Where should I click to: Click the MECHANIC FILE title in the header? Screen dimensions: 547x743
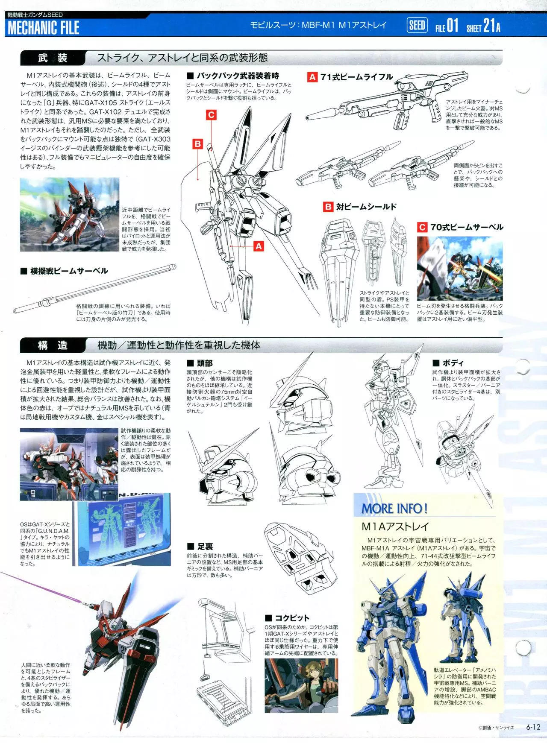(44, 28)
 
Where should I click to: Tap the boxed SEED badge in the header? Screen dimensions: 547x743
(417, 26)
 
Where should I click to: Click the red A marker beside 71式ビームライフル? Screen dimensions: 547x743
(312, 77)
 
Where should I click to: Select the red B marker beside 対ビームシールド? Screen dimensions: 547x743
(328, 207)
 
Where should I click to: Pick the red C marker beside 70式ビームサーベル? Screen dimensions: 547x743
(422, 227)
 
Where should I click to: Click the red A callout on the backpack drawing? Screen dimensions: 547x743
(259, 246)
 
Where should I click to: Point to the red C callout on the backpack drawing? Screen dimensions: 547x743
(211, 114)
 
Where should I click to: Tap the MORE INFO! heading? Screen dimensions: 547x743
(394, 508)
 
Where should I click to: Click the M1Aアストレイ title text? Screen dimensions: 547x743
(389, 527)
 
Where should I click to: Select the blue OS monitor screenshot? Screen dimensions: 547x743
(127, 529)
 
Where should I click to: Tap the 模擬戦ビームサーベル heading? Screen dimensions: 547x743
(64, 271)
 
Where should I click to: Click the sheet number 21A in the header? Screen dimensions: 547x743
(491, 26)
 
